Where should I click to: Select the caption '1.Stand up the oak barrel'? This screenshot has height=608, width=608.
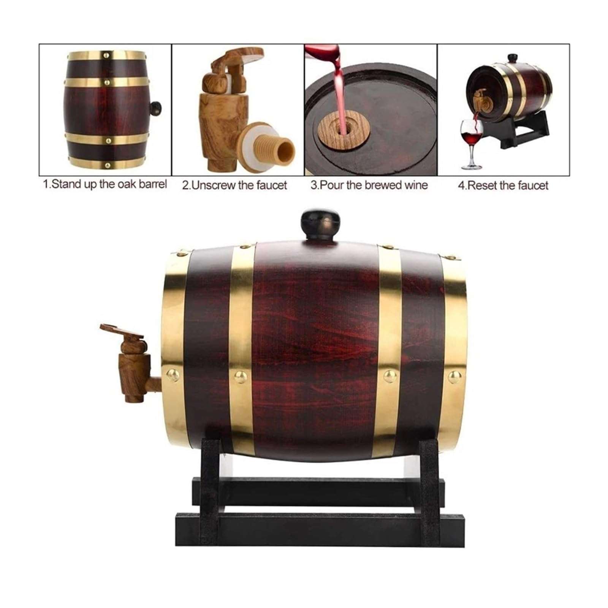pyautogui.click(x=104, y=185)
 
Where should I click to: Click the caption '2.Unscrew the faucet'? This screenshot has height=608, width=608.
pyautogui.click(x=234, y=185)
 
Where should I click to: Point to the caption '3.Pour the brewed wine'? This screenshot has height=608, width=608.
pyautogui.click(x=369, y=185)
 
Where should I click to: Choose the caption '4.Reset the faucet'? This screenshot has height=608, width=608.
pyautogui.click(x=503, y=185)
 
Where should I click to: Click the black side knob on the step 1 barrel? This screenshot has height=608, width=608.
pyautogui.click(x=156, y=108)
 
